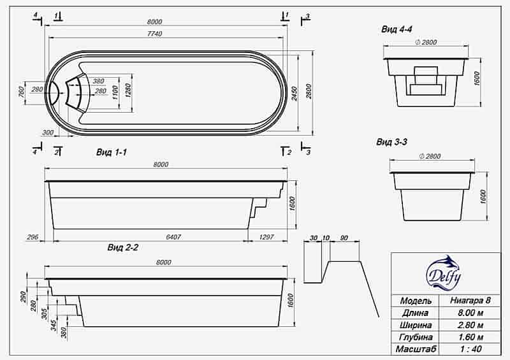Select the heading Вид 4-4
[398, 29]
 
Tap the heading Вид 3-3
[392, 142]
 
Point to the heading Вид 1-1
[112, 152]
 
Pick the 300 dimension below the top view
[47, 133]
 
